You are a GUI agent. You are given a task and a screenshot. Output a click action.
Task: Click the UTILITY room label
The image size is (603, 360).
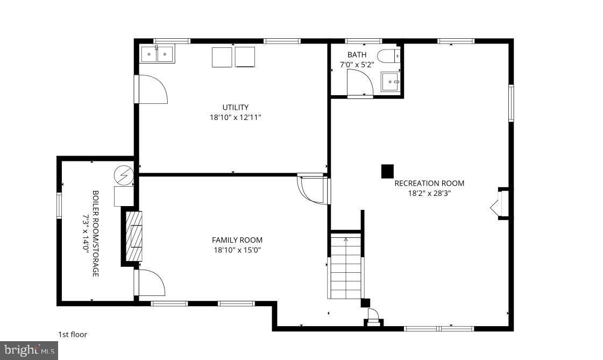click(235, 107)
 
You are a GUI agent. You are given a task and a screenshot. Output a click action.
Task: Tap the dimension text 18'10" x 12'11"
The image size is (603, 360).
click(235, 117)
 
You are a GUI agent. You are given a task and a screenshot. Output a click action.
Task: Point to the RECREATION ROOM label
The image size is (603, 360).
click(429, 183)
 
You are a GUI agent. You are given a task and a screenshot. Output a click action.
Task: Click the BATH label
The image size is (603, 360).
click(357, 54)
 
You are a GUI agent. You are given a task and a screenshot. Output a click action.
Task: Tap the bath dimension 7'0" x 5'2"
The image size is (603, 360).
click(357, 65)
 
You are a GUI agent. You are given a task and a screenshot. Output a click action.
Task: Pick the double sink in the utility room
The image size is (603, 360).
click(157, 54)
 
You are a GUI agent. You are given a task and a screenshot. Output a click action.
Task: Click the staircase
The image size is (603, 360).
click(345, 267)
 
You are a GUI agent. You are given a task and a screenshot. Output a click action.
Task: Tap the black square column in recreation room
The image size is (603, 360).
click(387, 171)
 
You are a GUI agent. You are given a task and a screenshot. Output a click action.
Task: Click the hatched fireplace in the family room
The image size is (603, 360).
click(134, 236)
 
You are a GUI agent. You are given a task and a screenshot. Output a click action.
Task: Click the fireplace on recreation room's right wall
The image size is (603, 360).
click(499, 204)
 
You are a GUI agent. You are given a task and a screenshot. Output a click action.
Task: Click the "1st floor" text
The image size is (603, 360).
click(73, 335)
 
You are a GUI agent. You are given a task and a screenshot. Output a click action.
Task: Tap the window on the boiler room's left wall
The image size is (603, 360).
click(60, 206)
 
